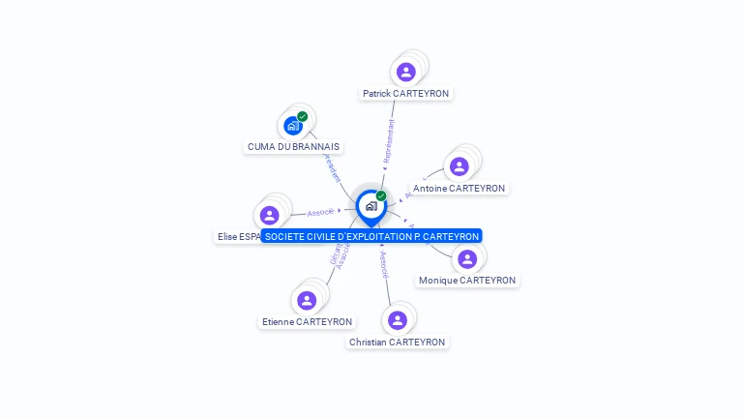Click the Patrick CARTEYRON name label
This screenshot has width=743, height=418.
click(x=405, y=94)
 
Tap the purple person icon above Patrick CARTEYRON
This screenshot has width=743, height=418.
click(x=406, y=72)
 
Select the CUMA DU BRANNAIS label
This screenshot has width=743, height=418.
click(x=293, y=147)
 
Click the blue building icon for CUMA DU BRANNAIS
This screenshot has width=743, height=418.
click(x=293, y=126)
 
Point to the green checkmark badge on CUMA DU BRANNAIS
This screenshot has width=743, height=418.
click(x=303, y=116)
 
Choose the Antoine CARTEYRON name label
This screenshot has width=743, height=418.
click(x=459, y=189)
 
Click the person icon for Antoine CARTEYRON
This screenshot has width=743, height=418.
click(x=460, y=166)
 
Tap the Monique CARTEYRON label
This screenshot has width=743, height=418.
click(x=467, y=281)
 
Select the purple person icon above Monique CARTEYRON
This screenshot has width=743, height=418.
click(x=467, y=258)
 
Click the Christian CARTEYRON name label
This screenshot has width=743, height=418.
click(x=398, y=343)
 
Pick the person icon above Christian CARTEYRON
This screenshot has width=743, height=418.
click(x=398, y=320)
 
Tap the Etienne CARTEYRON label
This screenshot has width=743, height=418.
click(x=307, y=322)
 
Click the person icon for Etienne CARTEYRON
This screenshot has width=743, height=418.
click(x=307, y=300)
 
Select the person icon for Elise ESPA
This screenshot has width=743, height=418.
click(x=270, y=215)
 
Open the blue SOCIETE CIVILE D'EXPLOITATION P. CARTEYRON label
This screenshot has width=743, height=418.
click(x=371, y=236)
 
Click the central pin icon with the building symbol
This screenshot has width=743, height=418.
click(x=371, y=206)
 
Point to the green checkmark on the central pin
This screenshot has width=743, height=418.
click(x=381, y=195)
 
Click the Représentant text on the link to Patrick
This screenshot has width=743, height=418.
click(x=388, y=141)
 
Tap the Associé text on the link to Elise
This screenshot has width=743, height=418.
click(x=320, y=212)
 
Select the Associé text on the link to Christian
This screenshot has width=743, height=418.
click(x=384, y=266)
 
